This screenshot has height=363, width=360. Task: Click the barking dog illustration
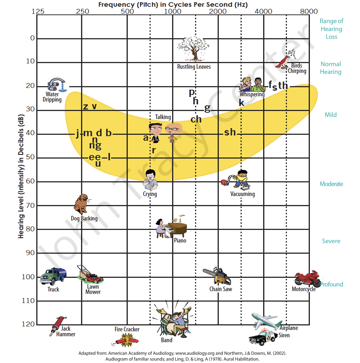[82, 204]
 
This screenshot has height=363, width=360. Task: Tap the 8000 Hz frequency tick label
[309, 11]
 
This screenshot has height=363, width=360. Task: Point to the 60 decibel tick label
[30, 181]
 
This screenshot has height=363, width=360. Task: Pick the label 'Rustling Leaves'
[194, 67]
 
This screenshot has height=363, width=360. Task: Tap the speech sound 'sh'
[230, 132]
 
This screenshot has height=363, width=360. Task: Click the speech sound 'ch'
[196, 120]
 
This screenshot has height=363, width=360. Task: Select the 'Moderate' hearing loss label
[331, 184]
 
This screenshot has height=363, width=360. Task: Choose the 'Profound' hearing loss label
[332, 284]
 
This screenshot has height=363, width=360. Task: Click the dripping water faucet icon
[57, 85]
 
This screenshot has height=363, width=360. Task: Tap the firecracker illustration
[126, 340]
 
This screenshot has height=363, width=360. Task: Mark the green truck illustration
[53, 276]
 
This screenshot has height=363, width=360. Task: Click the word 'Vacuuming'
[242, 194]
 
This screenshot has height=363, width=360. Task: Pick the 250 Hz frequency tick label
[82, 11]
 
